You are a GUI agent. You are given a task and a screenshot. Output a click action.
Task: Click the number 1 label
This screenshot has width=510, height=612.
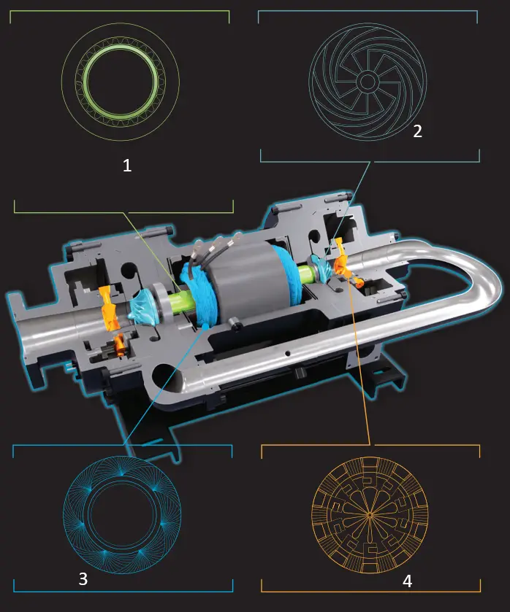127,166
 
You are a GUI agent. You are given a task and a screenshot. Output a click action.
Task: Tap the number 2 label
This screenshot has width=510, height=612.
417,131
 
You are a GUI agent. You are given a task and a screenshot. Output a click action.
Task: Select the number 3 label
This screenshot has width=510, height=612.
83,579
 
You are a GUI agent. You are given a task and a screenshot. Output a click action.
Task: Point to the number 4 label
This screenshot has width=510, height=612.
407,581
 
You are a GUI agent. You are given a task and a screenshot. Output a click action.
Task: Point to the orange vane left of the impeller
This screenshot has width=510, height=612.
107,306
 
